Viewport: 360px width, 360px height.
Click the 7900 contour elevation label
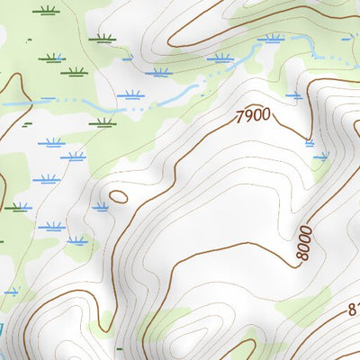point(252,116)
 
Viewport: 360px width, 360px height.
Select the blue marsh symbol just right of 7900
point(293,94)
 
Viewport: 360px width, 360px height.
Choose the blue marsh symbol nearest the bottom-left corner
point(11,291)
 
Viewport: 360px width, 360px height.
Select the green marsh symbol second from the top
point(103,38)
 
